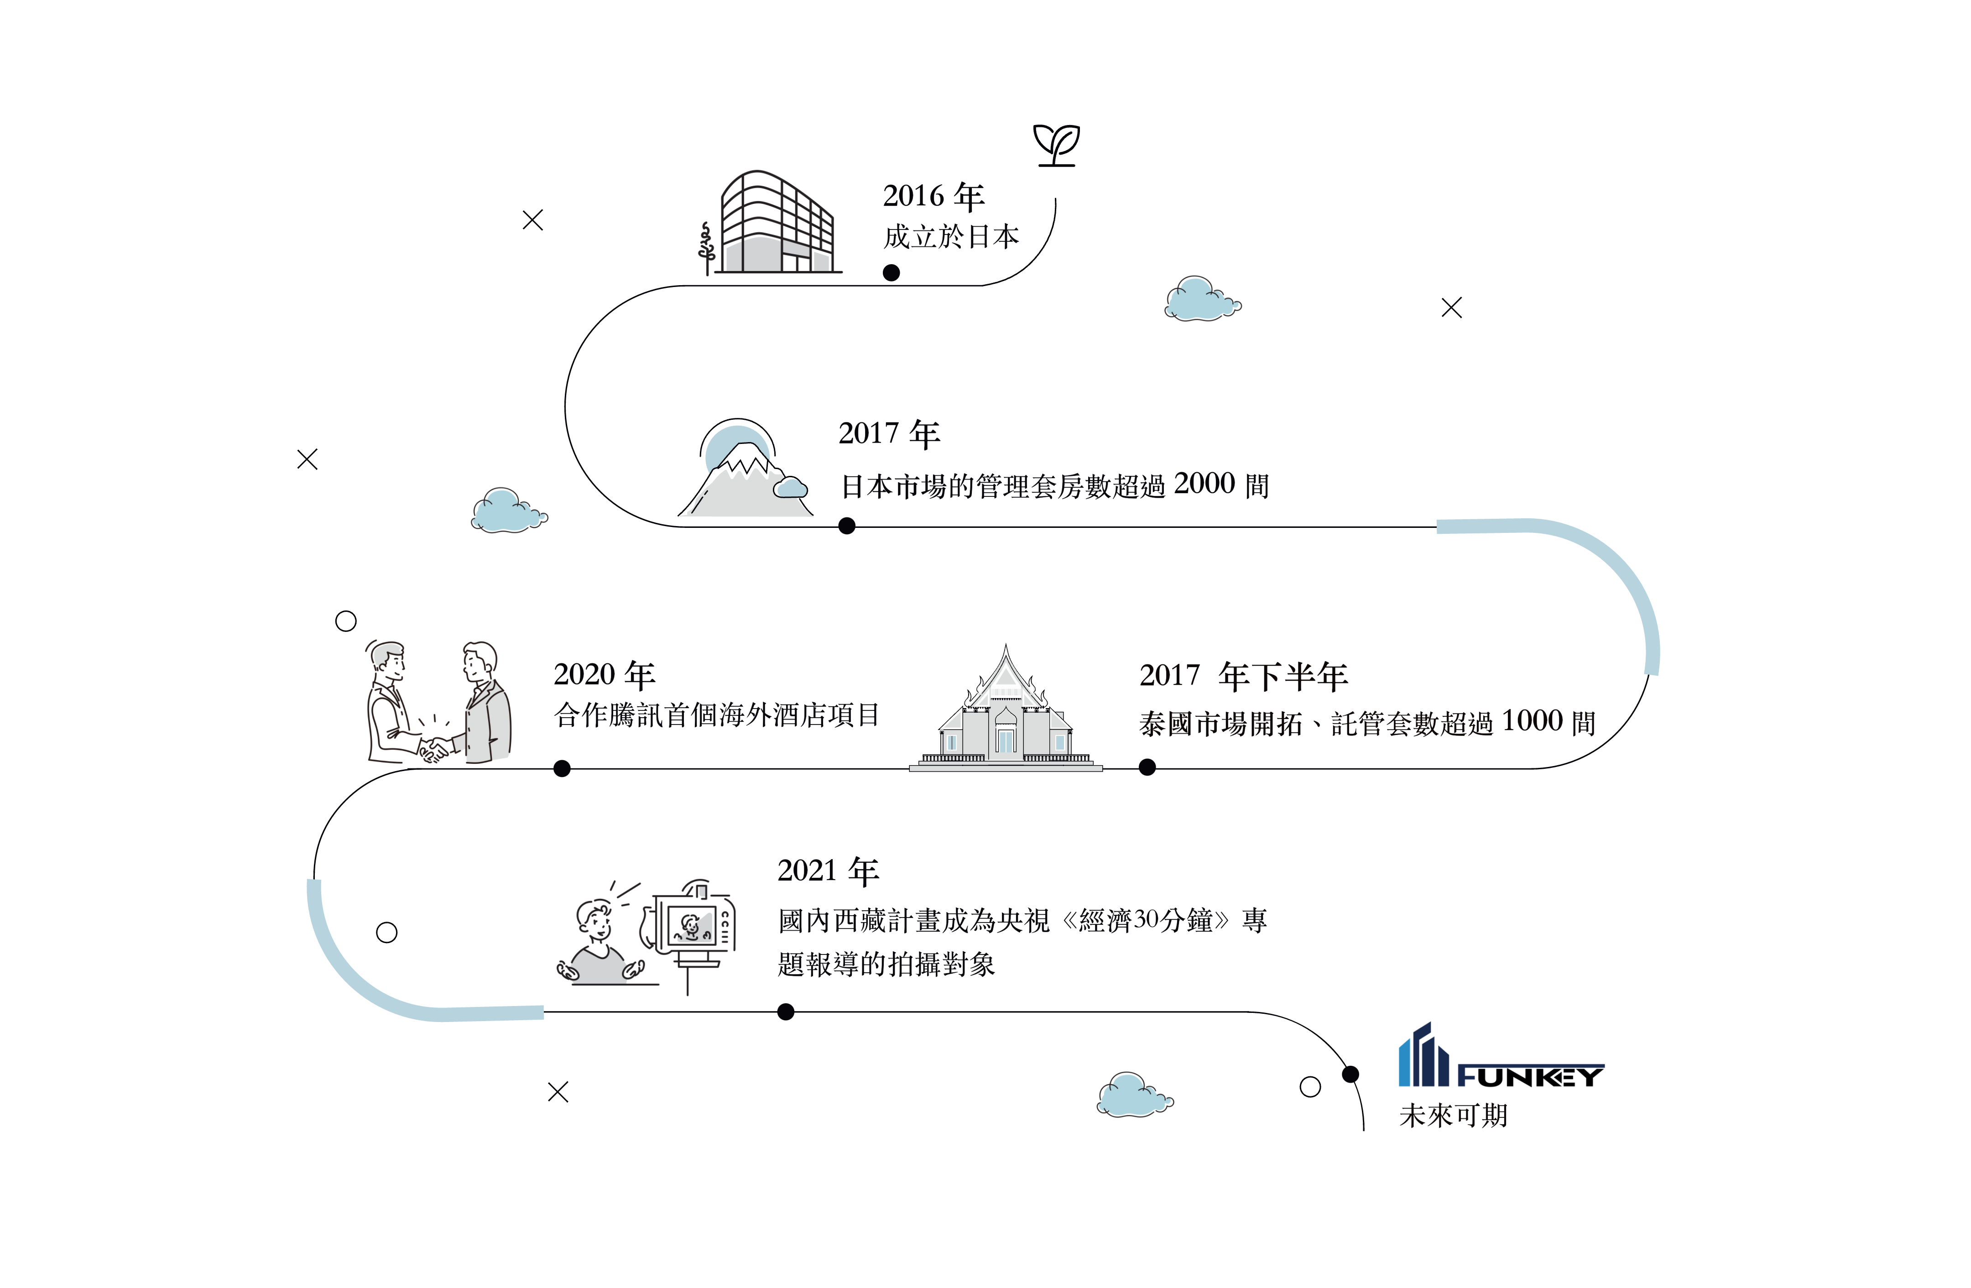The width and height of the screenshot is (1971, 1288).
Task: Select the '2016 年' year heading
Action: (933, 196)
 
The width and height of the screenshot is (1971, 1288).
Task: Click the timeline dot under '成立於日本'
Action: (891, 272)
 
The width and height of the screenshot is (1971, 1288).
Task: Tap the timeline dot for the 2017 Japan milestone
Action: (846, 526)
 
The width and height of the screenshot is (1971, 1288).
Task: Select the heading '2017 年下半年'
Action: (1243, 676)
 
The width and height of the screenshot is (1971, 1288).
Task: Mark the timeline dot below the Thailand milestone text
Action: (1147, 768)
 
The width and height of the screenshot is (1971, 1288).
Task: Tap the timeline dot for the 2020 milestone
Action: (562, 769)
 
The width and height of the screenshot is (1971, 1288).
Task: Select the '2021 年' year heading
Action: (827, 871)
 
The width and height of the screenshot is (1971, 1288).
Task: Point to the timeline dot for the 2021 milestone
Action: (786, 1012)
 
